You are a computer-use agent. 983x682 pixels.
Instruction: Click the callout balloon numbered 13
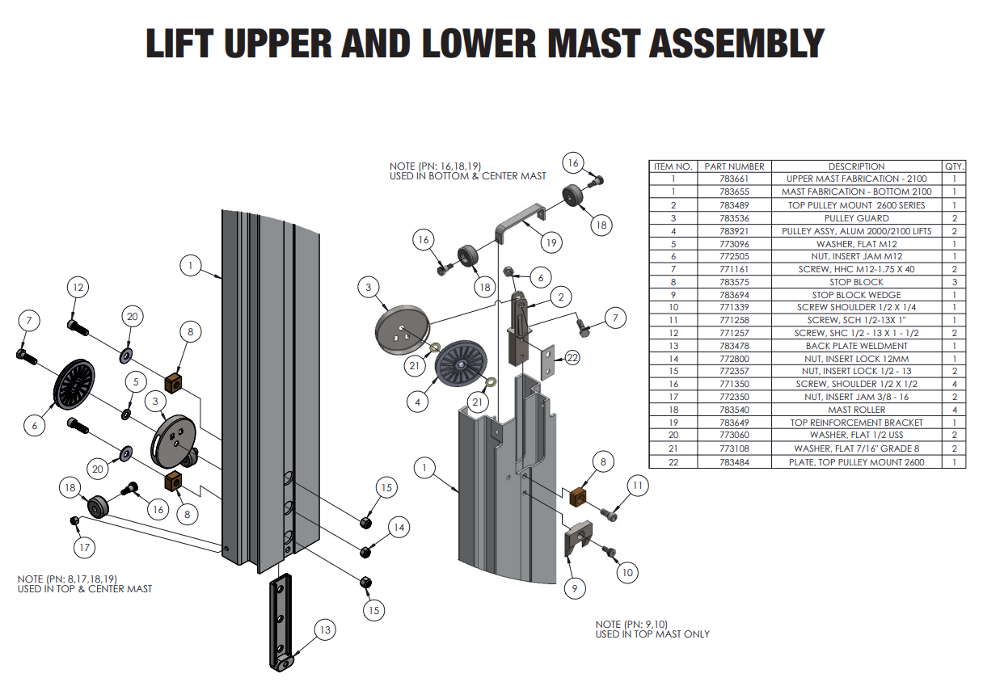coord(325,629)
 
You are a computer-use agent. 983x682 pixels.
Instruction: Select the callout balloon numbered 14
coord(398,528)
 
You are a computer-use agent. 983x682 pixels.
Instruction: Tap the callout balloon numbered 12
coord(78,287)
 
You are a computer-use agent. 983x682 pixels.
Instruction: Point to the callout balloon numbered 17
coord(84,548)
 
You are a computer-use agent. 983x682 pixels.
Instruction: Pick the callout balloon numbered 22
coord(572,356)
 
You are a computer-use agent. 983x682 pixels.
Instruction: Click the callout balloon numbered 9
coord(574,588)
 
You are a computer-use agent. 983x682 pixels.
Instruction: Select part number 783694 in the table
coord(734,295)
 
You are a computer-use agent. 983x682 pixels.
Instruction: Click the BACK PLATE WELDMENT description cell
coord(856,346)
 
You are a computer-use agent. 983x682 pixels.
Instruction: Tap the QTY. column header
coord(955,166)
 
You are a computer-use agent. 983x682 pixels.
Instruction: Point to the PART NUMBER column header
coord(734,166)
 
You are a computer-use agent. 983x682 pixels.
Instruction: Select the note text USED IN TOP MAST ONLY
coord(652,634)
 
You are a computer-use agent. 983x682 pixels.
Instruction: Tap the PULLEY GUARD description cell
coord(856,218)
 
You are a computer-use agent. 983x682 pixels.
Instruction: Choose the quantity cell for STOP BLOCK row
coord(955,282)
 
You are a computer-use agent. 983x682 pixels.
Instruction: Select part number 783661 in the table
coord(734,179)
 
